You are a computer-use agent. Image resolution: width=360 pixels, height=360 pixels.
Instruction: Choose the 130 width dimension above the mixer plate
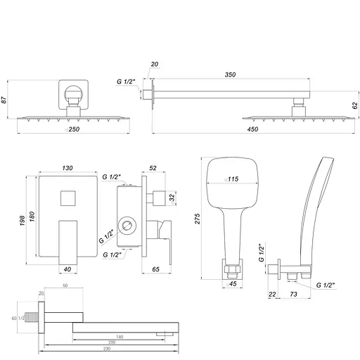point(68,169)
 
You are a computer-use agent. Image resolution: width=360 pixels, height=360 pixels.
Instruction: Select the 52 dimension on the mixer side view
point(153,169)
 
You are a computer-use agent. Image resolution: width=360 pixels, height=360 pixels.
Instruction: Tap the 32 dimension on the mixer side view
point(172,197)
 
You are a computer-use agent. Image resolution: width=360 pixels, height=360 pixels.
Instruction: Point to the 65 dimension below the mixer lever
point(156,269)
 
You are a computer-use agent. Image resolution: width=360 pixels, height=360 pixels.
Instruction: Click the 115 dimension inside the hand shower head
point(233,179)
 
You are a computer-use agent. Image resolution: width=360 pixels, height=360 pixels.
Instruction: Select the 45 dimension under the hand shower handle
point(233,285)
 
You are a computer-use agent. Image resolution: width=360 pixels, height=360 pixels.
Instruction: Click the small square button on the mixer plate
point(68,198)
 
